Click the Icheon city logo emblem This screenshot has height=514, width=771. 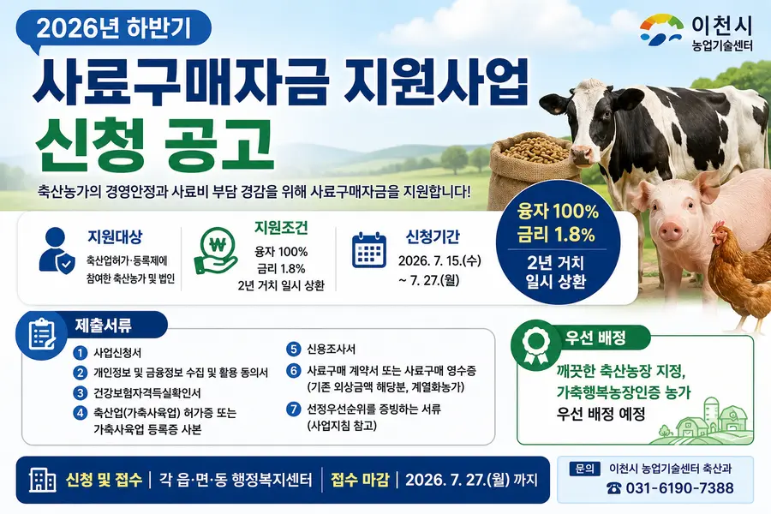[x=661, y=30]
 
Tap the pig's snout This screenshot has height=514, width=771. [x=671, y=230]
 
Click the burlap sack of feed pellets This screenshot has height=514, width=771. [x=535, y=169]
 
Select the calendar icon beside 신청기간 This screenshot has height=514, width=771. [x=368, y=250]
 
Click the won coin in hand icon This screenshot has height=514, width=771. [x=217, y=250]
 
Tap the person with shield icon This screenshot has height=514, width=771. [x=57, y=250]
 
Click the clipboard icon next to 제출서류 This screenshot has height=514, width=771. [x=41, y=334]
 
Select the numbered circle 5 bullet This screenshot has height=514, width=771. [x=294, y=350]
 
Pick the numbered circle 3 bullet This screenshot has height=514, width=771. [x=81, y=393]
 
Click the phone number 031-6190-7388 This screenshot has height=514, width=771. [x=679, y=488]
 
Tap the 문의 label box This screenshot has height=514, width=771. [x=584, y=469]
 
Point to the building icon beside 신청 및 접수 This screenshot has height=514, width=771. [x=42, y=480]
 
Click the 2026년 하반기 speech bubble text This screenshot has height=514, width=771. [x=113, y=28]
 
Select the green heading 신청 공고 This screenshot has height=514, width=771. [x=153, y=145]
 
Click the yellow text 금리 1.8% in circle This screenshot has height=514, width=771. [x=556, y=235]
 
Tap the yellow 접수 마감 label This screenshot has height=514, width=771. [x=360, y=480]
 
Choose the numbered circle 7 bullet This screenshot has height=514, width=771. [x=294, y=409]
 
